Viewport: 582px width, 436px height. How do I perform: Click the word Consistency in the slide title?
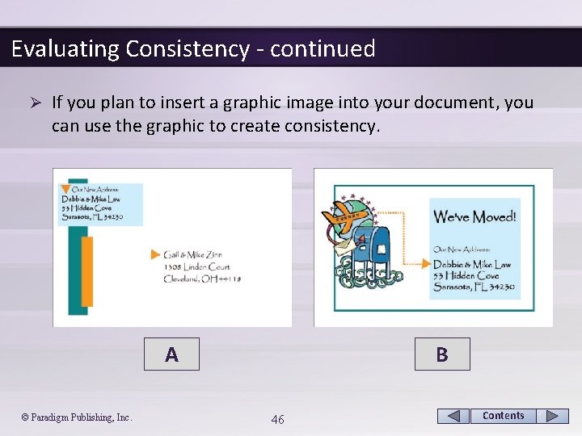click(x=187, y=49)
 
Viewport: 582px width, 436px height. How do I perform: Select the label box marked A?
click(x=171, y=354)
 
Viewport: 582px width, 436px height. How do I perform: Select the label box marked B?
click(x=441, y=354)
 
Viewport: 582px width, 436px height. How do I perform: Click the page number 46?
click(x=277, y=418)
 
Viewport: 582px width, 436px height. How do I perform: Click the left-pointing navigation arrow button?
click(x=453, y=416)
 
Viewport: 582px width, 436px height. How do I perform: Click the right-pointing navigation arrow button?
click(x=552, y=416)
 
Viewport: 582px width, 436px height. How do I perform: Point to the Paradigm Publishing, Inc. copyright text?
click(x=77, y=417)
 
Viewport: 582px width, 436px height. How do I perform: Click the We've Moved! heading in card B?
click(x=474, y=216)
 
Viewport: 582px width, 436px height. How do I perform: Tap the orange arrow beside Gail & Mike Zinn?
click(x=156, y=254)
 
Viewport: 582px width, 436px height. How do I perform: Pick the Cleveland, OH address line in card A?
click(x=202, y=279)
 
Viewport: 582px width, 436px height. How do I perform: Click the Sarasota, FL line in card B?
click(x=472, y=287)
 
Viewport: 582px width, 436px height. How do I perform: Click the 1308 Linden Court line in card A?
click(x=196, y=266)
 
